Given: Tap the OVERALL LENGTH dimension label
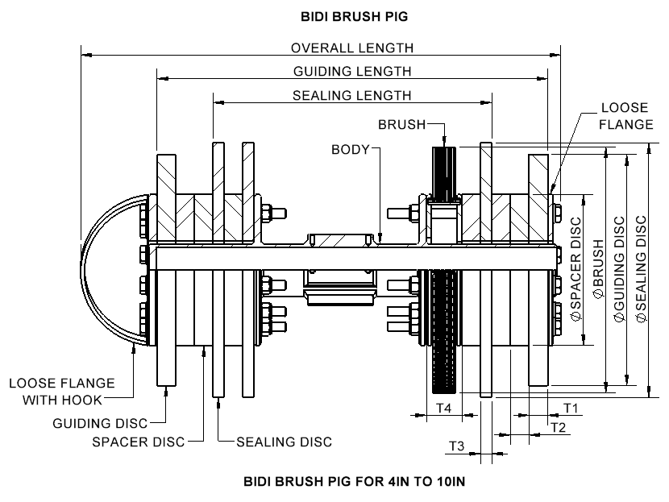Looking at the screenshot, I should coord(351,48).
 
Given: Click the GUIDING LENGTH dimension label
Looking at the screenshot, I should coord(351,72).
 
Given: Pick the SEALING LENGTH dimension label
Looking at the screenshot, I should coord(351,95).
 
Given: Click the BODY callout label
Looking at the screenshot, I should coord(349,149).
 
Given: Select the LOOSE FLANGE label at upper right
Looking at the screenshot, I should coord(626,116).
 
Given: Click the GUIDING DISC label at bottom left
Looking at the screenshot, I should coord(101,422).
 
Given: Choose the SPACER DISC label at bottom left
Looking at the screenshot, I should coord(138,442).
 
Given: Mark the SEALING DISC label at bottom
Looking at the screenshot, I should coord(284,442).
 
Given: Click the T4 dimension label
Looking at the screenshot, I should coord(443,409).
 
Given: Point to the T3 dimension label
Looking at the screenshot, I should coord(456,446).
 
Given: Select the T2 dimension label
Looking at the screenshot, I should coord(558,426).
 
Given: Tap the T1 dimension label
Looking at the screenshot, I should coord(571,409).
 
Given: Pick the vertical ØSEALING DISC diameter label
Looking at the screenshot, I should coord(642,270).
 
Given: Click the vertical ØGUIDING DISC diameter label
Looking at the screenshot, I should coord(619,270).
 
